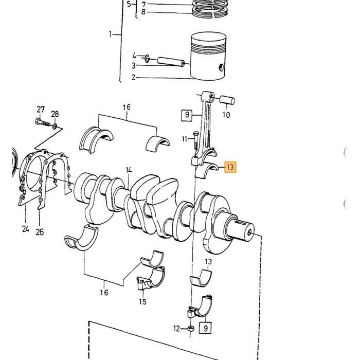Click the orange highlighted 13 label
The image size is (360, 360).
point(230,167)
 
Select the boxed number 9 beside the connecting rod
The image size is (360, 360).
point(187,115)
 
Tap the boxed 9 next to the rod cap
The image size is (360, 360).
point(206,328)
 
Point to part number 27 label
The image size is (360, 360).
point(41,110)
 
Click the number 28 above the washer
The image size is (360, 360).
point(55,114)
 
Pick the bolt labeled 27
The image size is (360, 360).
point(43,122)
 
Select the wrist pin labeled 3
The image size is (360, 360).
point(171,62)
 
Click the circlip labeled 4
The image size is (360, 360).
point(147,59)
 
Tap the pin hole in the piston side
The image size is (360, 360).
point(221,67)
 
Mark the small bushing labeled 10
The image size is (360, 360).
point(227,100)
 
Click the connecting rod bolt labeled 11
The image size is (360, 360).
point(196,140)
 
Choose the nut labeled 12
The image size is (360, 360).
point(191,328)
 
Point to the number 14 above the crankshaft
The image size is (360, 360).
point(129,170)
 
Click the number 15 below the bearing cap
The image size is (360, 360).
point(142,301)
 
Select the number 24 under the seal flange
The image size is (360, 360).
point(26,229)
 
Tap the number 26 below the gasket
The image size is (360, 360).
point(40,232)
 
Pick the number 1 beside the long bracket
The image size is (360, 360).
point(110,34)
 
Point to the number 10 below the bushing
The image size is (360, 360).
point(226,115)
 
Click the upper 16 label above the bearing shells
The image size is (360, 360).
point(127,107)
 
